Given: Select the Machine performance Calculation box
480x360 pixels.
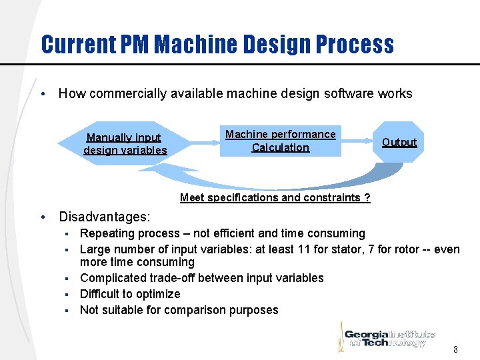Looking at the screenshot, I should point(280,141).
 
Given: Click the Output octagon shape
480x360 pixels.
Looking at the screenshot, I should point(398,142).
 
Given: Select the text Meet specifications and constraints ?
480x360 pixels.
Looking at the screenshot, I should point(275,197).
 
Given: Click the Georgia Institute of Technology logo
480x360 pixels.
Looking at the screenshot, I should point(389,335).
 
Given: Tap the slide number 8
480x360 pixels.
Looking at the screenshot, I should point(455,349).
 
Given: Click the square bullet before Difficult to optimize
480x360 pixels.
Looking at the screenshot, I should point(67,294).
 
